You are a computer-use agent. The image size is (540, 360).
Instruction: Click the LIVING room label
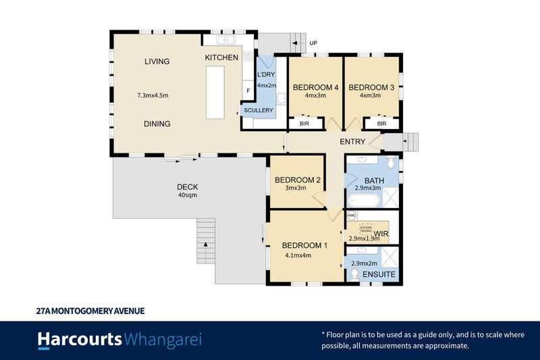pyautogui.click(x=157, y=61)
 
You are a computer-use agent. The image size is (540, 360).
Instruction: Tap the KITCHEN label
pyautogui.click(x=221, y=58)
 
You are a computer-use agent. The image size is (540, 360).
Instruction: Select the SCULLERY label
pyautogui.click(x=259, y=110)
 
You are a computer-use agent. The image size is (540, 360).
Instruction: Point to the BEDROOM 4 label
pyautogui.click(x=315, y=87)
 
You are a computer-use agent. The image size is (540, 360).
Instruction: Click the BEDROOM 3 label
pyautogui.click(x=371, y=87)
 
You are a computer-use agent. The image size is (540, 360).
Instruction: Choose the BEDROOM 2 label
pyautogui.click(x=296, y=180)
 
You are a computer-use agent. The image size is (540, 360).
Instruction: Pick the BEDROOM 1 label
pyautogui.click(x=304, y=245)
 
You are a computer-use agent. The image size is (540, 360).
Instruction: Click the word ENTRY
pyautogui.click(x=353, y=142)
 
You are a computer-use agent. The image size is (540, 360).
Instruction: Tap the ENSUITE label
pyautogui.click(x=378, y=275)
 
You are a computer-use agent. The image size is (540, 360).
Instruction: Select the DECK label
pyautogui.click(x=187, y=187)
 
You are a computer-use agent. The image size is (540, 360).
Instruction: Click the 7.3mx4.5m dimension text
pyautogui.click(x=153, y=96)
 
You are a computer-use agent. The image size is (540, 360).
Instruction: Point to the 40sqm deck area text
pyautogui.click(x=187, y=196)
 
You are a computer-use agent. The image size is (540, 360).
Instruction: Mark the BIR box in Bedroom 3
pyautogui.click(x=381, y=124)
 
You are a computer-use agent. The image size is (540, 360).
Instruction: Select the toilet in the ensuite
pyautogui.click(x=355, y=274)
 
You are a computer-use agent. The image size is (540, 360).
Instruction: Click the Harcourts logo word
pyautogui.click(x=80, y=339)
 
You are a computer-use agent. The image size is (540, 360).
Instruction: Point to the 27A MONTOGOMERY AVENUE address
pyautogui.click(x=90, y=311)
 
